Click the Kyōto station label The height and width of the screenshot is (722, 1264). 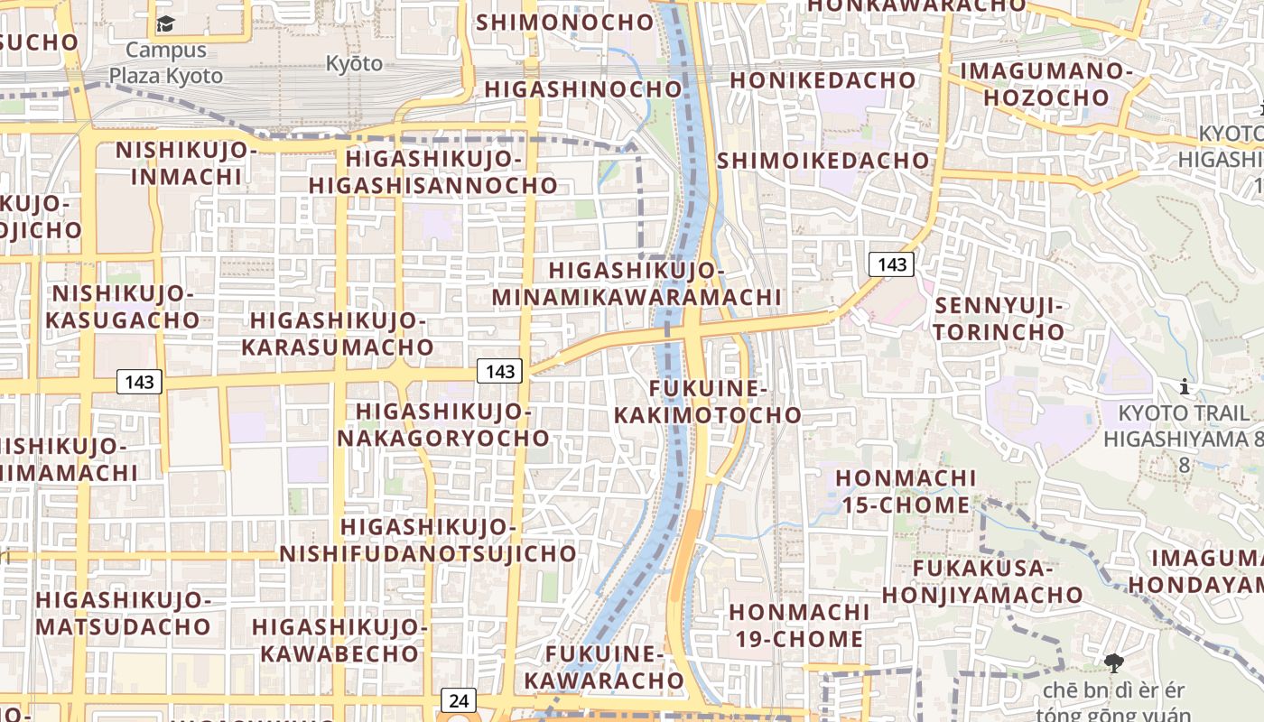pos(354,64)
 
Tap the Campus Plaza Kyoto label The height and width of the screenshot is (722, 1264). pos(166,63)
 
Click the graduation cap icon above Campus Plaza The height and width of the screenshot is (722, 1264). pos(165,23)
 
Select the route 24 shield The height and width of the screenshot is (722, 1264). pos(458,699)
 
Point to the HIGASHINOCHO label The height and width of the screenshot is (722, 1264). pos(583,89)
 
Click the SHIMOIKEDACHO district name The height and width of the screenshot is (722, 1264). pos(823,161)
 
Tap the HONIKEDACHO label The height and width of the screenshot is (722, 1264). pos(823,80)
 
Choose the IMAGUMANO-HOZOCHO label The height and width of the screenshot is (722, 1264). pos(1046,84)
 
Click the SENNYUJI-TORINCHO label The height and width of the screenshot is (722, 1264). pos(999,319)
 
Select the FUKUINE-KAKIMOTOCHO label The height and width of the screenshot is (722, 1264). pos(707,402)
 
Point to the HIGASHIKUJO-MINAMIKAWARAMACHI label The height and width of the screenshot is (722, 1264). pos(637,283)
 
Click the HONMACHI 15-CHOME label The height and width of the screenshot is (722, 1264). pos(906,491)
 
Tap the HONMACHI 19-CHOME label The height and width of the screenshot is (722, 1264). pos(798,625)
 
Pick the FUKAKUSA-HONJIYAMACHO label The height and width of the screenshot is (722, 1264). pos(982,581)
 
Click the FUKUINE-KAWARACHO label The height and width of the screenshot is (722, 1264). pos(605,667)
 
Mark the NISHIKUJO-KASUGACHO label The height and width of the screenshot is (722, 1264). pos(123,307)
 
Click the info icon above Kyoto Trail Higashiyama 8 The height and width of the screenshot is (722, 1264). pos(1185,388)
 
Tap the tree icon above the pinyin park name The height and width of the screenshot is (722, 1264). pos(1114,663)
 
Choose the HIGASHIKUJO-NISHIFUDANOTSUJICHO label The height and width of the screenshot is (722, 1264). pos(428,540)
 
